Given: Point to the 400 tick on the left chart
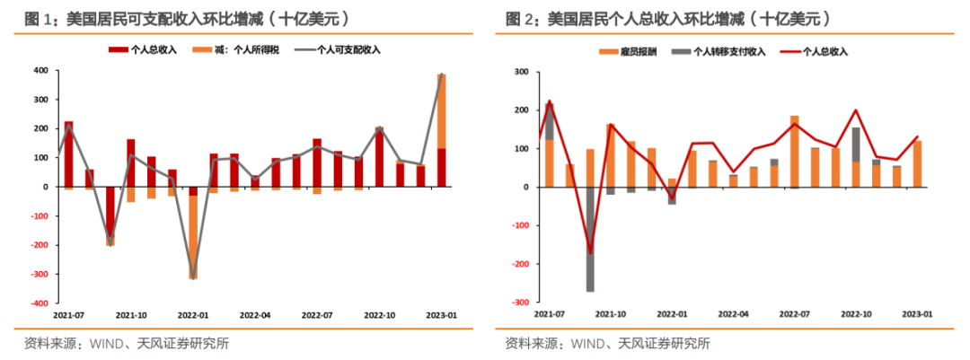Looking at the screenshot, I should tap(40, 70).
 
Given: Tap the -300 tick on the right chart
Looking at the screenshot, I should tap(519, 303).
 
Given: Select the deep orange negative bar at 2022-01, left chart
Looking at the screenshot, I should tap(193, 238).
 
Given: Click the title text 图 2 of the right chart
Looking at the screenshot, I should tap(518, 18).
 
